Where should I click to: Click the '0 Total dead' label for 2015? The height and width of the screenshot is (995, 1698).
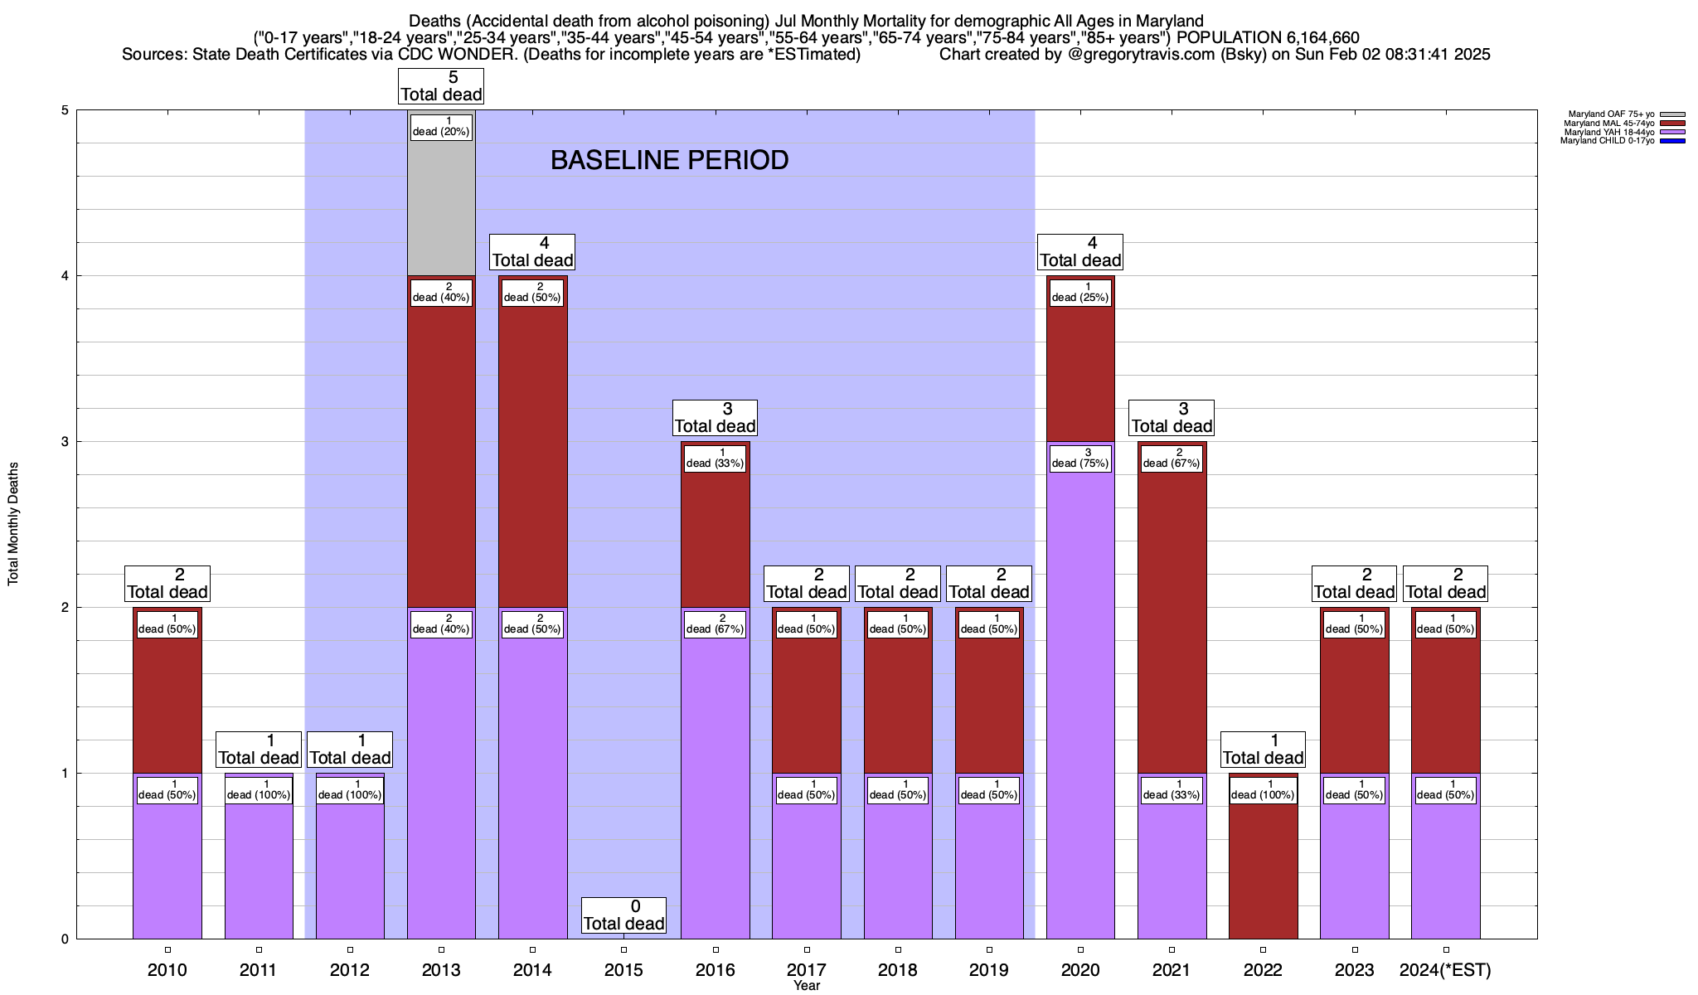click(x=623, y=915)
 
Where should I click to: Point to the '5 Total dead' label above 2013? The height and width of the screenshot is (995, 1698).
click(x=441, y=86)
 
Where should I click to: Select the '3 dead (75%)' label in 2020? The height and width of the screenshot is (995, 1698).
click(x=1080, y=459)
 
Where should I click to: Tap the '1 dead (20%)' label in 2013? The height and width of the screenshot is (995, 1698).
click(x=441, y=127)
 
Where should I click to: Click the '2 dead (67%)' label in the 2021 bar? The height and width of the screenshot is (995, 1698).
click(x=1172, y=459)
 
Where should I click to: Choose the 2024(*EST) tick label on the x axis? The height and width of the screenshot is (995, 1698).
click(x=1445, y=970)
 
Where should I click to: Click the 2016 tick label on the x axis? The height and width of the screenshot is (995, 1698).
click(x=715, y=970)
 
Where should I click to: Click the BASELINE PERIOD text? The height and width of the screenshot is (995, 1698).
click(x=669, y=160)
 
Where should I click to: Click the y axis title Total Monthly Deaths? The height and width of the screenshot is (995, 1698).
click(x=13, y=524)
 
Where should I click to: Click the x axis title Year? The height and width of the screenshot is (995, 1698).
click(x=806, y=986)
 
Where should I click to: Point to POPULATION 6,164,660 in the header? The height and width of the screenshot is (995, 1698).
click(x=1268, y=37)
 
